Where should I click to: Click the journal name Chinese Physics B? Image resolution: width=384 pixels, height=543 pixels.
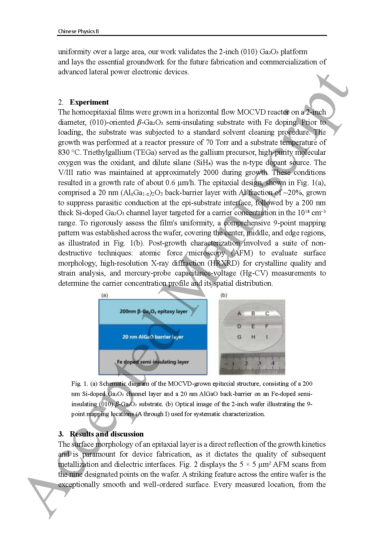78,31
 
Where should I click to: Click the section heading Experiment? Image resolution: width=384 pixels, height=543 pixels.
89,102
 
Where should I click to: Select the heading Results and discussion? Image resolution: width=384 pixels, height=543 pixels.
106,434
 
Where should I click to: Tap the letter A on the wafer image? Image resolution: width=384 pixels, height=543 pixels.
239,314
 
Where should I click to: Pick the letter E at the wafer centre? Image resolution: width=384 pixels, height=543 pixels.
253,326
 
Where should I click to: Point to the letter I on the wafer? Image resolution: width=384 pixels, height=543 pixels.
267,337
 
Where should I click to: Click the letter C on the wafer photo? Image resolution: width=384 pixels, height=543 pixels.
267,314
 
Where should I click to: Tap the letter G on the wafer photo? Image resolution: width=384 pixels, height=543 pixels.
239,337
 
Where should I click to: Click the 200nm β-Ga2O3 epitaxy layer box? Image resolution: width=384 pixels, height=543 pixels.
153,311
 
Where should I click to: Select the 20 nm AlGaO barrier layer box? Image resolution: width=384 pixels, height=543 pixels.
153,337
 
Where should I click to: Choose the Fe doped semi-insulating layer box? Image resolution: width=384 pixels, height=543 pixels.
153,362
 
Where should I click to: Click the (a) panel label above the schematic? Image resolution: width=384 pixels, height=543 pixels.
105,295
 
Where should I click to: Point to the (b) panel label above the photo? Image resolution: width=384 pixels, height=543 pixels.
223,295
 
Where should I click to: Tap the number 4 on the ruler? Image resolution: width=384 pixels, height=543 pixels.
273,363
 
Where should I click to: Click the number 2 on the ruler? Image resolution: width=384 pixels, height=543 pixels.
246,363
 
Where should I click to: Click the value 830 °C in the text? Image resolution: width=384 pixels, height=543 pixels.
69,152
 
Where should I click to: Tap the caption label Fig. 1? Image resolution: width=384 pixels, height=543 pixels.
80,384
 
